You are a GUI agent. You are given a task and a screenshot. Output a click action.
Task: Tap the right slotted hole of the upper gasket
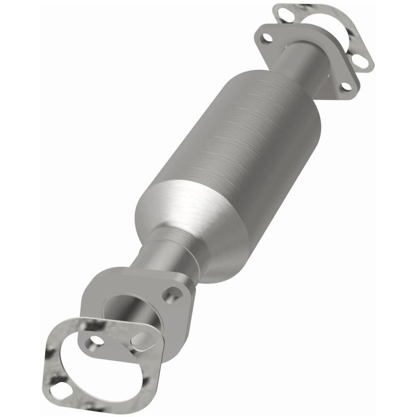coord(363,62)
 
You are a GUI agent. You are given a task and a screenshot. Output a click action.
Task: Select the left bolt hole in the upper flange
coord(267,38)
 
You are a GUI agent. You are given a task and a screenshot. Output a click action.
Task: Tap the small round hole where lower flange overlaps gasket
coord(96,341)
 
